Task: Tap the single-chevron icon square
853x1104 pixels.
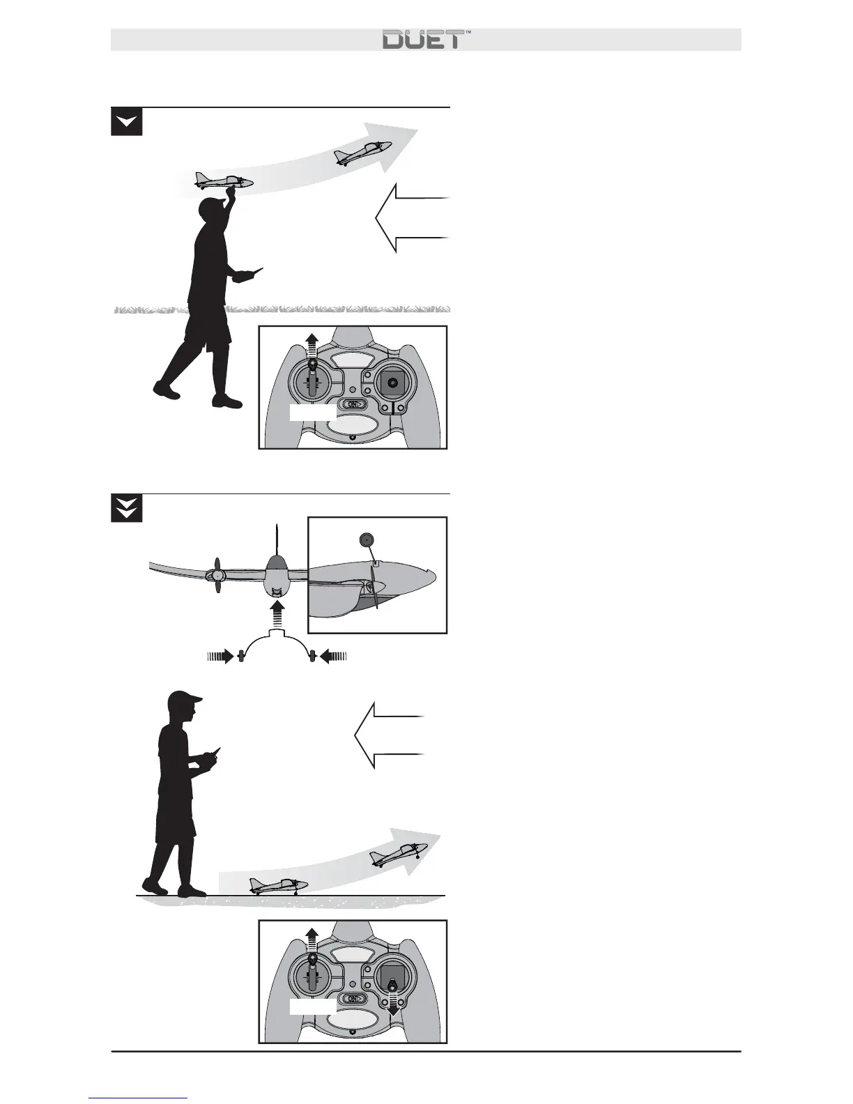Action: click(126, 122)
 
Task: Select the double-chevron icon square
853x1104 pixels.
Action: click(126, 509)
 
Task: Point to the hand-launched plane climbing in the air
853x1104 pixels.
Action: click(362, 152)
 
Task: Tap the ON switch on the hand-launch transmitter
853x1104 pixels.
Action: click(352, 404)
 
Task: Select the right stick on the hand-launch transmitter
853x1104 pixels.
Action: click(392, 383)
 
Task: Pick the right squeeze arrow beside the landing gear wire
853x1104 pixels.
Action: click(333, 656)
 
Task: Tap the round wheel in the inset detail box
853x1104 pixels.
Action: click(366, 539)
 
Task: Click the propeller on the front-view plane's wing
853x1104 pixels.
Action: click(217, 576)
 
